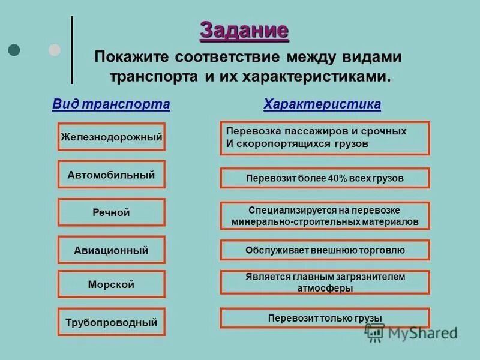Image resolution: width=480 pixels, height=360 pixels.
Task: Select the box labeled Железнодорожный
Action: tap(111, 137)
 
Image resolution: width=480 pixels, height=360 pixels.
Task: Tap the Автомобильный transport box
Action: tap(111, 175)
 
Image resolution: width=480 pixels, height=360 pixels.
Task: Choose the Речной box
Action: tap(111, 212)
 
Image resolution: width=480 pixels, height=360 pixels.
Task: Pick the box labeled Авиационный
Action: tap(111, 250)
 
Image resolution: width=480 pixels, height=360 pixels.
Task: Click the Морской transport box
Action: tap(111, 284)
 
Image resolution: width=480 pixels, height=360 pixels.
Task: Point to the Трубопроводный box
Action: tap(111, 322)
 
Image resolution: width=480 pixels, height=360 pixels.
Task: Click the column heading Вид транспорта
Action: tap(111, 104)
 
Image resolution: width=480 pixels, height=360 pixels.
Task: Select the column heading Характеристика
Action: tap(322, 104)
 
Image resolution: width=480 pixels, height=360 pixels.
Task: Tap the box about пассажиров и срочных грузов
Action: tap(325, 137)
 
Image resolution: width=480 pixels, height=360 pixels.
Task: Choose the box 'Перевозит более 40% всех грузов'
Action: tap(325, 178)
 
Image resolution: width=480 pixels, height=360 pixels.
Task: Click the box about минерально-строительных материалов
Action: tap(325, 216)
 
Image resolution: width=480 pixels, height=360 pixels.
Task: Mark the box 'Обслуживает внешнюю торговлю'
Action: tap(325, 250)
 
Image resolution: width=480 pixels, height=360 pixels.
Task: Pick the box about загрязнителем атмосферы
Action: tap(325, 283)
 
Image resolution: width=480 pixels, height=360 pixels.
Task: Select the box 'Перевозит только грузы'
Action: tap(325, 318)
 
